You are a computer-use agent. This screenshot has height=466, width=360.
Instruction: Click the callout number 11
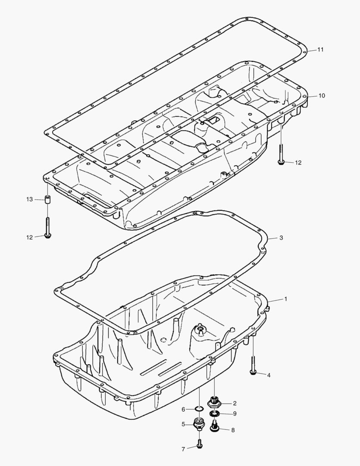[x=320, y=49]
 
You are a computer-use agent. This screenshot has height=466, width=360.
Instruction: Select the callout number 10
[x=322, y=95]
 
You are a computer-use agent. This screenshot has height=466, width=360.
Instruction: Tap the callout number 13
[x=29, y=199]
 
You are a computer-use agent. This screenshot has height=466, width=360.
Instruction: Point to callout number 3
[x=281, y=238]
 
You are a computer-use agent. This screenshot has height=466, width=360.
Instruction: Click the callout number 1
[x=285, y=299]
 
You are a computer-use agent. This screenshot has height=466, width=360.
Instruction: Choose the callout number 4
[x=269, y=375]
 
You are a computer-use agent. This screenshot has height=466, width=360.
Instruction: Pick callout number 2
[x=235, y=403]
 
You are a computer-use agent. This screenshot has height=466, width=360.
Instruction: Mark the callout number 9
[x=235, y=414]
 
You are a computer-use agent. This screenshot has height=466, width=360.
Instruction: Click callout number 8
[x=233, y=430]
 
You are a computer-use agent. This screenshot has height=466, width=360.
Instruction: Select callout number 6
[x=183, y=409]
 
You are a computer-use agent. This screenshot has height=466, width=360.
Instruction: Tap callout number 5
[x=183, y=424]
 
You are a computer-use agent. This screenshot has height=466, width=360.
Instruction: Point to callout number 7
[x=183, y=449]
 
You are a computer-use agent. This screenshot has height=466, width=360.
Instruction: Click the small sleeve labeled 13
[x=47, y=200]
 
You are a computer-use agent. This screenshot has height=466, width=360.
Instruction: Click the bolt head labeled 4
[x=253, y=372]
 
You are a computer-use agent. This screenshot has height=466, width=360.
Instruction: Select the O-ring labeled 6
[x=199, y=409]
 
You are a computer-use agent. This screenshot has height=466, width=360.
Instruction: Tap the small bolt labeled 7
[x=199, y=444]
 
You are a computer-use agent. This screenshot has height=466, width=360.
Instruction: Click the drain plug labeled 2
[x=214, y=403]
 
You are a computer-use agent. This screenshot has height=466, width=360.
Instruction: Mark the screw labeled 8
[x=214, y=427]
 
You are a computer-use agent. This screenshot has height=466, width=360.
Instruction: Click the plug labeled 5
[x=199, y=424]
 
